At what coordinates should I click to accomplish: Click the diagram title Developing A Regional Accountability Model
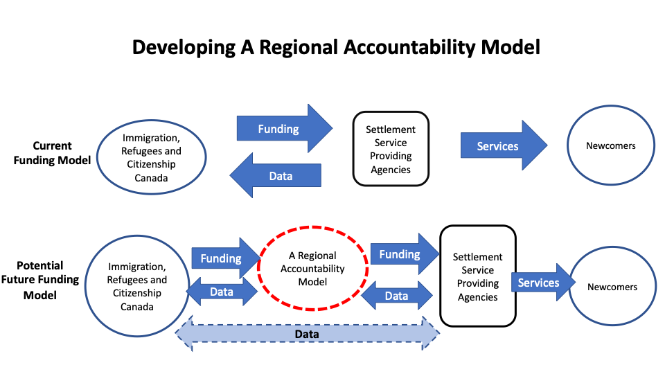(x=336, y=47)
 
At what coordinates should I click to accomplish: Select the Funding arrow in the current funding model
(x=285, y=129)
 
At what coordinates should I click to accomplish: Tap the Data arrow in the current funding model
(x=275, y=175)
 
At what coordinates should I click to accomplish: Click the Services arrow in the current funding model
(x=504, y=145)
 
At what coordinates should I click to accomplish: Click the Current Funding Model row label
(x=52, y=152)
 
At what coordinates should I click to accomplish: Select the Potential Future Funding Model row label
(x=40, y=280)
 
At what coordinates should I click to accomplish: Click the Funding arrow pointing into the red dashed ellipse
(x=226, y=258)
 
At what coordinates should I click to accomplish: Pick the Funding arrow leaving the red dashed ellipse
(x=405, y=254)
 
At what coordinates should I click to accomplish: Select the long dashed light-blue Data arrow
(x=307, y=334)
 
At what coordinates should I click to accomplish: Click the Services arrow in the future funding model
(x=543, y=283)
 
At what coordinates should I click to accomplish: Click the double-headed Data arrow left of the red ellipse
(x=222, y=292)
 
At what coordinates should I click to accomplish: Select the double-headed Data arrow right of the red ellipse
(x=396, y=296)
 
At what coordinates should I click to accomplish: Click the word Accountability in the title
(x=410, y=47)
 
